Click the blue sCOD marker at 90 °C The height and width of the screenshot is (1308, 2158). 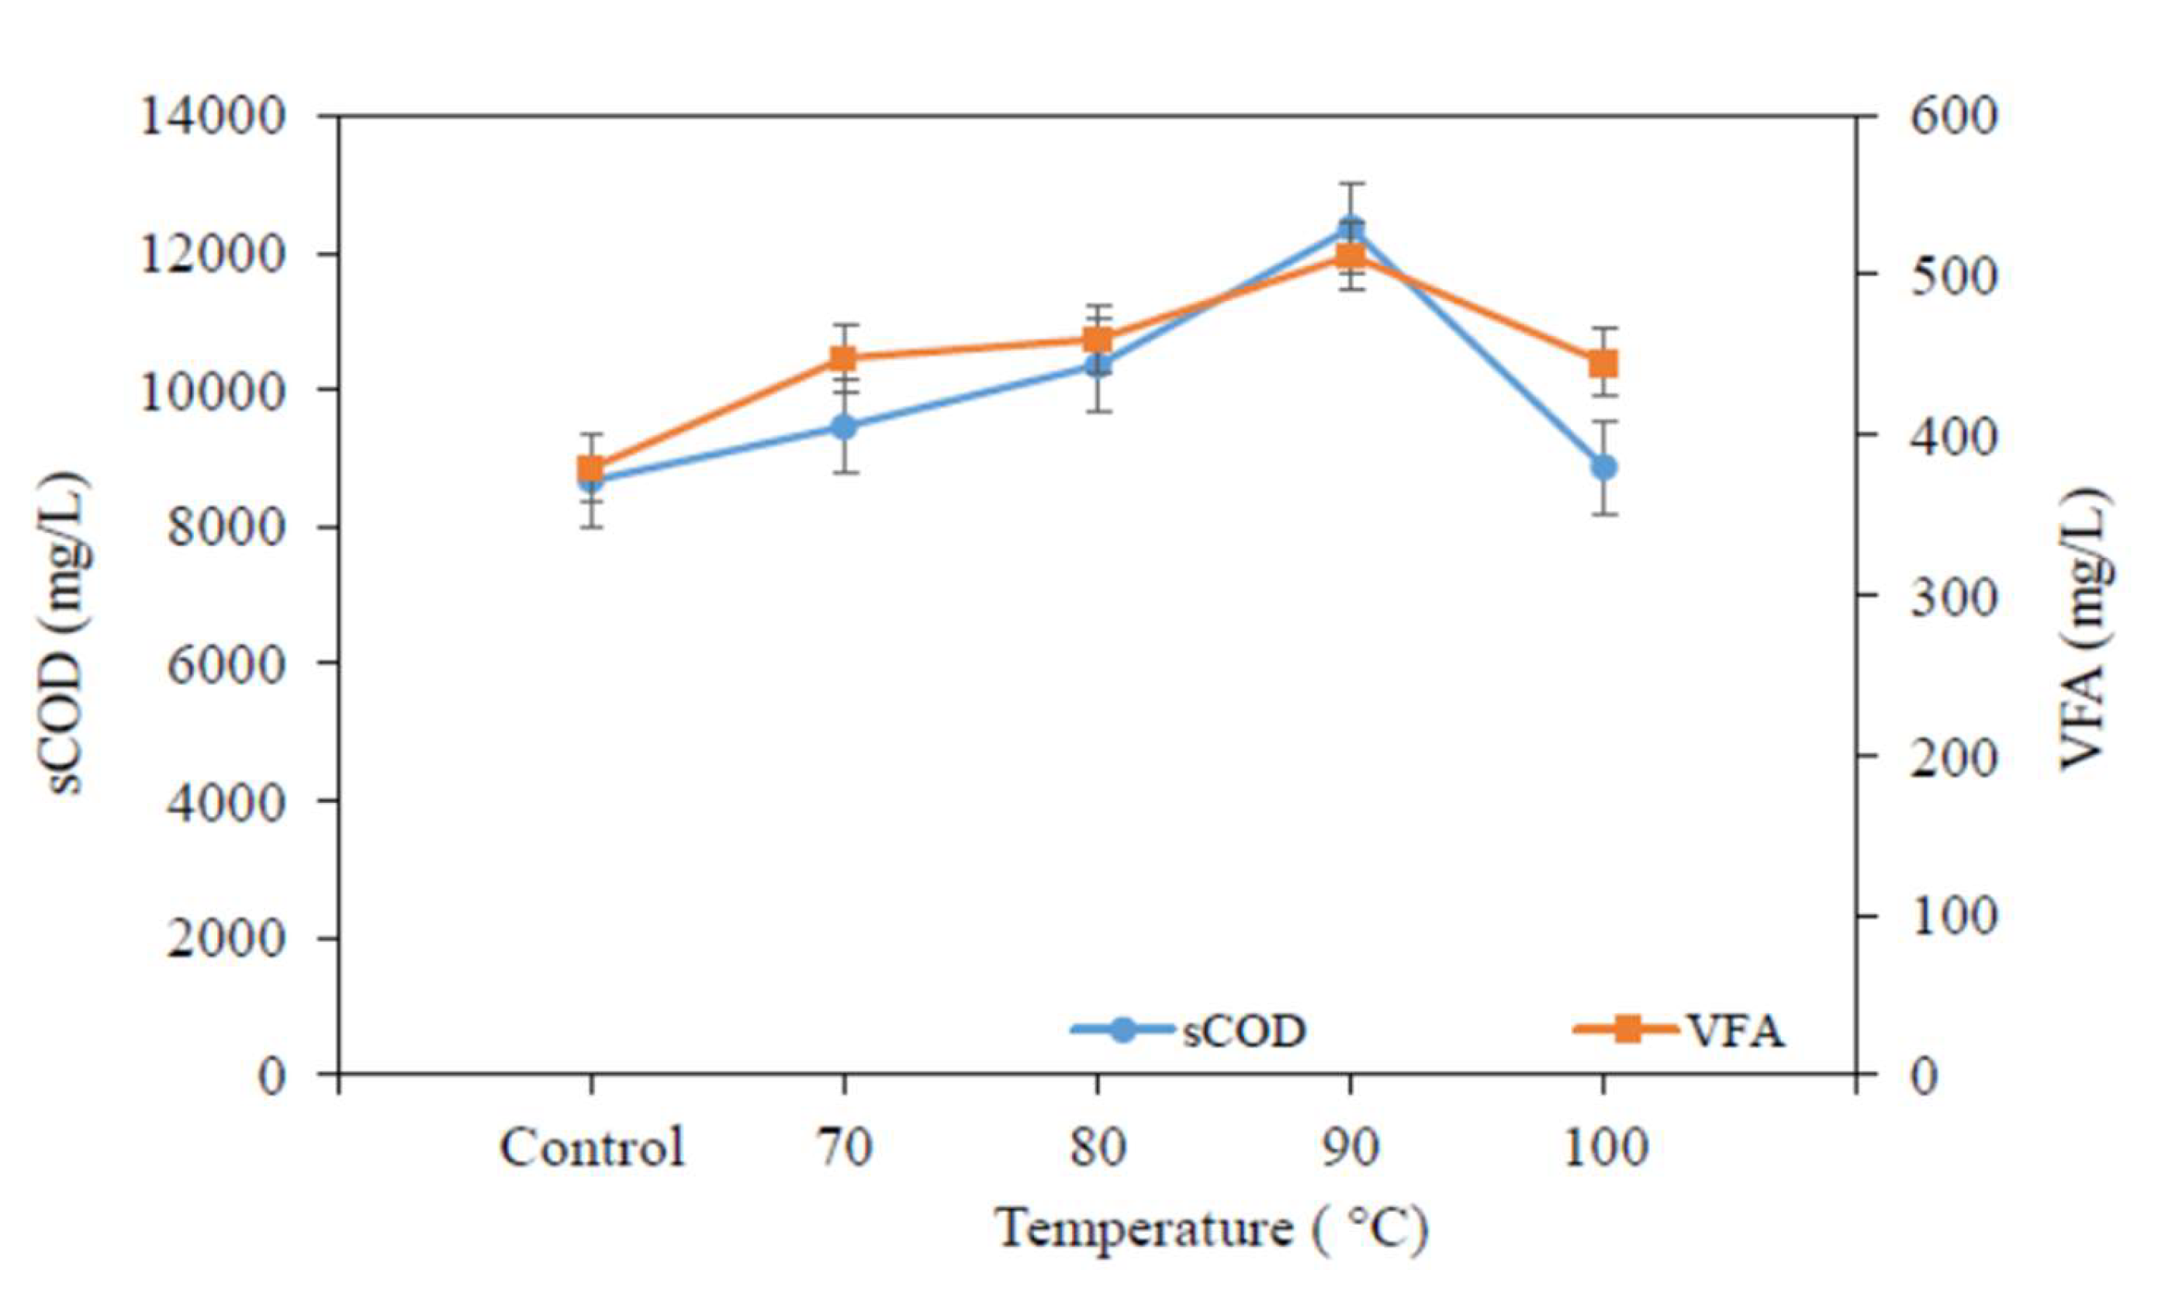(x=1350, y=230)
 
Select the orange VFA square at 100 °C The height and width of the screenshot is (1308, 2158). (x=1603, y=363)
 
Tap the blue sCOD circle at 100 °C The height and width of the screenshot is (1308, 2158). (x=1603, y=467)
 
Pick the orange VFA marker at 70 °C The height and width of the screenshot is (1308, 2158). (x=843, y=358)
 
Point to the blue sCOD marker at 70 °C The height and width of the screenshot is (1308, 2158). (x=843, y=427)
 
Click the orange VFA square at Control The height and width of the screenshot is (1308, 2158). (x=591, y=468)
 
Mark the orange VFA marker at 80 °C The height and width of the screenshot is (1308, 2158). (x=1098, y=340)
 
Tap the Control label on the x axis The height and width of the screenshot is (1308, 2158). (x=591, y=1147)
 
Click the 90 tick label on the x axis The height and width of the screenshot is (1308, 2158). (x=1350, y=1147)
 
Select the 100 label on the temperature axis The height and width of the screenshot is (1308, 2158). (x=1604, y=1147)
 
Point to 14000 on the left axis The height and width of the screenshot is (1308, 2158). (x=213, y=116)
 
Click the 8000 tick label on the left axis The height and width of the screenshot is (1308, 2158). (x=225, y=528)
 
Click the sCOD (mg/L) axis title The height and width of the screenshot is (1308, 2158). (x=67, y=631)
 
